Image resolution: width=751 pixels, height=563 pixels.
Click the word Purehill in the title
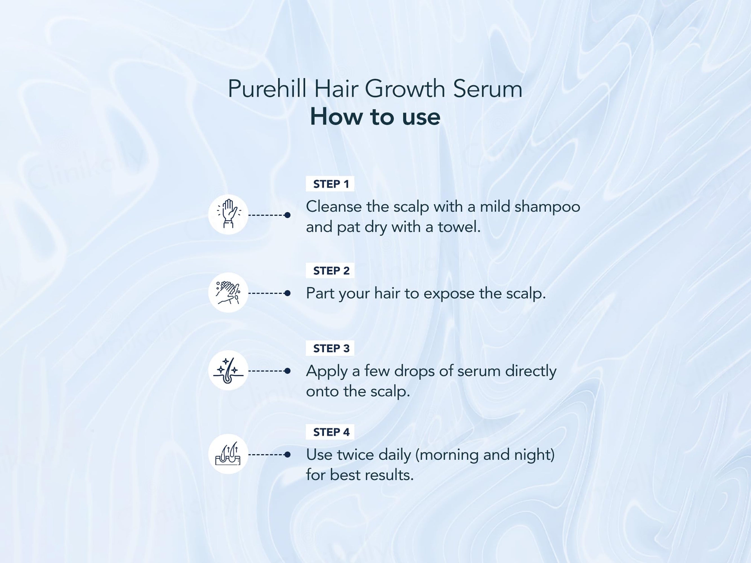(x=267, y=89)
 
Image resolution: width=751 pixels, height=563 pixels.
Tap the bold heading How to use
(x=375, y=117)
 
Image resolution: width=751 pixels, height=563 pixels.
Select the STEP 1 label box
(x=330, y=184)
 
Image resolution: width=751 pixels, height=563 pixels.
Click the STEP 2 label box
(x=330, y=271)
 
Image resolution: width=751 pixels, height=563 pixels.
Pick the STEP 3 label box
(x=330, y=348)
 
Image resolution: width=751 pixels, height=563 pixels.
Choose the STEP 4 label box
(x=330, y=432)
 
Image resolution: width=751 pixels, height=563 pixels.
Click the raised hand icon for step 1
(x=228, y=215)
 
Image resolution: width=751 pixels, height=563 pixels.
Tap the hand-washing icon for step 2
(x=228, y=292)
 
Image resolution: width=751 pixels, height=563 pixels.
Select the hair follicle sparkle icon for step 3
(x=228, y=370)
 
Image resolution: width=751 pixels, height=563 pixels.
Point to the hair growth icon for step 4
(x=228, y=454)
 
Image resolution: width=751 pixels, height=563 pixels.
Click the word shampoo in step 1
(x=547, y=207)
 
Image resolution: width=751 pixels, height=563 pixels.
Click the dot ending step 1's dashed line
(x=288, y=215)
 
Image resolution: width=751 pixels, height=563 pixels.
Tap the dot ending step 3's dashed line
(x=288, y=370)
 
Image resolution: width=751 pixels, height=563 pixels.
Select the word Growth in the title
(x=405, y=89)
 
